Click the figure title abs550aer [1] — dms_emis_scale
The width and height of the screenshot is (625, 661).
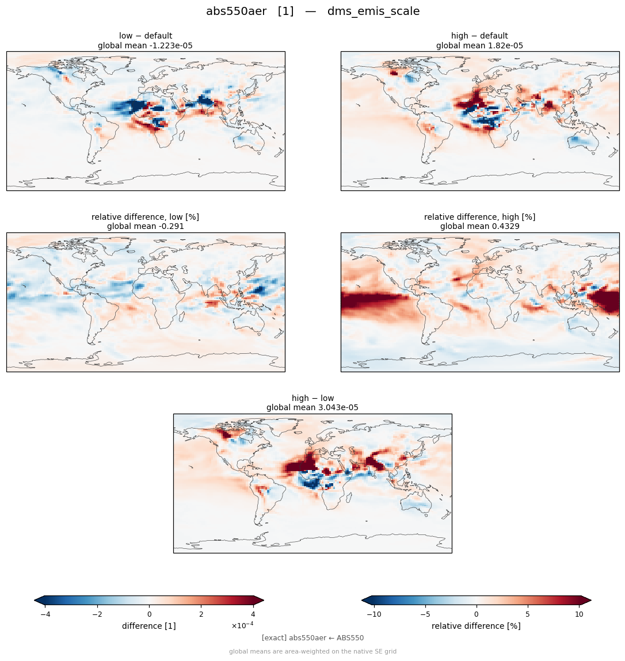click(x=312, y=12)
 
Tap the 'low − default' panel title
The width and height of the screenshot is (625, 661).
click(x=146, y=36)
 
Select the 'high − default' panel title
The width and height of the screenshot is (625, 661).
click(x=479, y=36)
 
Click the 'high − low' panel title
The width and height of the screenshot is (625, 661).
click(x=312, y=398)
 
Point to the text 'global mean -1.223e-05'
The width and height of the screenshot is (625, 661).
click(x=145, y=45)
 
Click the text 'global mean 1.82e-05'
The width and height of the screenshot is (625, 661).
click(x=479, y=45)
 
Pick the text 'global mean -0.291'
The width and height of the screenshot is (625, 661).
click(x=146, y=227)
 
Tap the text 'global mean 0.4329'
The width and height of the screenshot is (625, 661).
click(x=479, y=227)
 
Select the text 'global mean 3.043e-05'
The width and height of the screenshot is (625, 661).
click(x=312, y=408)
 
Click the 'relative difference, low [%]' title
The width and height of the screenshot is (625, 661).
click(x=145, y=217)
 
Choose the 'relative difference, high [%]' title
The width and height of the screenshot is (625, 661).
click(x=479, y=217)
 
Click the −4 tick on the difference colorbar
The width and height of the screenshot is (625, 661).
click(x=45, y=614)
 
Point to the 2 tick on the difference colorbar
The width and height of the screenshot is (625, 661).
click(x=201, y=614)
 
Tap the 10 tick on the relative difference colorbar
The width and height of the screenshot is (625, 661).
click(x=579, y=614)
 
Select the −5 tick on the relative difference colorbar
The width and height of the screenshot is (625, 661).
click(x=425, y=614)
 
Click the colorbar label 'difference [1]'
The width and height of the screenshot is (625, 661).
click(x=149, y=626)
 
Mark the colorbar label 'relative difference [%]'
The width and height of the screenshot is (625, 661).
click(x=476, y=626)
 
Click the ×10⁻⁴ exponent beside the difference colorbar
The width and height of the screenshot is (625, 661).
click(x=242, y=625)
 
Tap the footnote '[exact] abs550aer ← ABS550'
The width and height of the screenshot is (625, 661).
click(x=312, y=638)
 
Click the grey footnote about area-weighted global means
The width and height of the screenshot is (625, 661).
click(x=312, y=651)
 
